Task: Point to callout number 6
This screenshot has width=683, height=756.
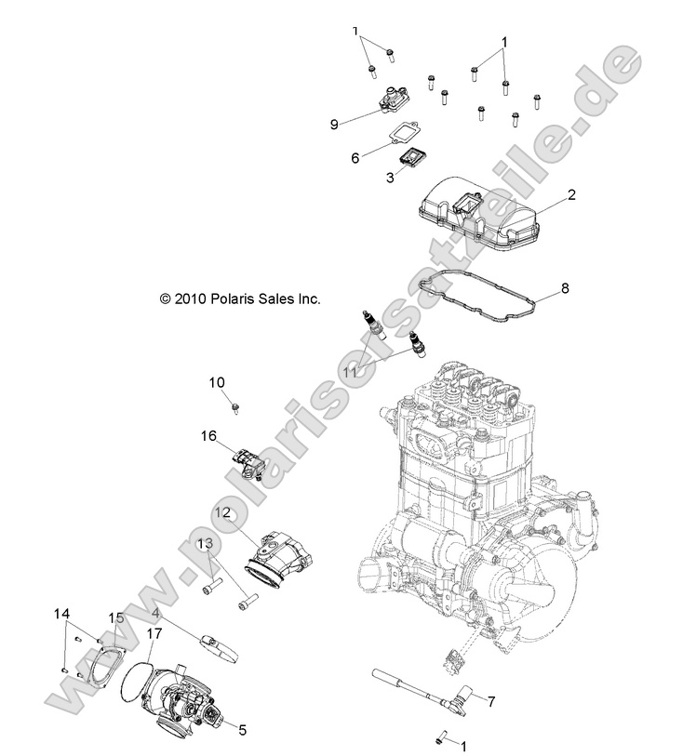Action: click(355, 158)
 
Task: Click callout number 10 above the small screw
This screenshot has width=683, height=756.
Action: click(216, 382)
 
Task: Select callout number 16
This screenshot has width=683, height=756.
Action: click(208, 434)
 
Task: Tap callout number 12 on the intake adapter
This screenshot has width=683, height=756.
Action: click(224, 512)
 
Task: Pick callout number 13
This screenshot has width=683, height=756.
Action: click(204, 543)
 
